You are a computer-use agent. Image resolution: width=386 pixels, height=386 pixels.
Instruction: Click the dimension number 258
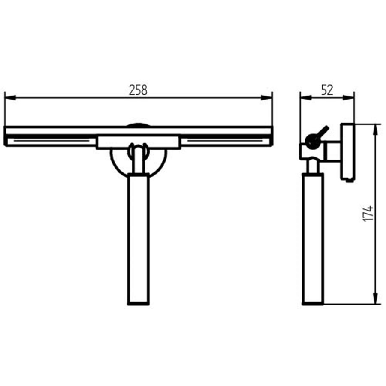[x=138, y=90]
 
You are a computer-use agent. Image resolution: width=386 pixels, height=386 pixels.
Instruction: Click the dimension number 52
[x=327, y=90]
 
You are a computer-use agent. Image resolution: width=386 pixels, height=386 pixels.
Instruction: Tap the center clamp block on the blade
[x=138, y=142]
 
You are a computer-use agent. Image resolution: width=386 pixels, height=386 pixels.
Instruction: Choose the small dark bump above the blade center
[x=138, y=125]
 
